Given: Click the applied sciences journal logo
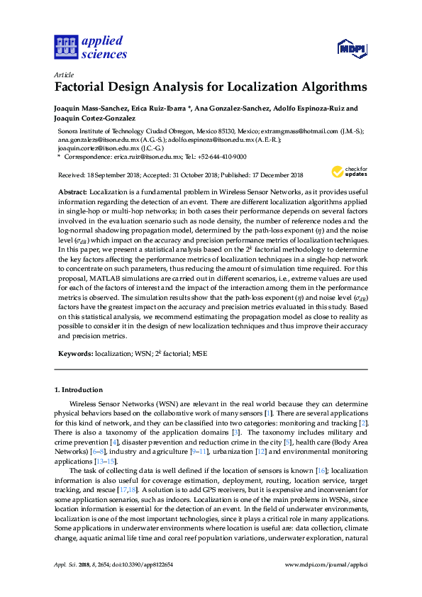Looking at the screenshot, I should [90, 48].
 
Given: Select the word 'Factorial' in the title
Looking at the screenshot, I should [87, 88].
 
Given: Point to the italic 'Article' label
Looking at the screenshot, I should [64, 74].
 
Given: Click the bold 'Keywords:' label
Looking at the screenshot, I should [75, 352].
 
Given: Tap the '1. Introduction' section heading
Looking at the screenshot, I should [79, 389].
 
